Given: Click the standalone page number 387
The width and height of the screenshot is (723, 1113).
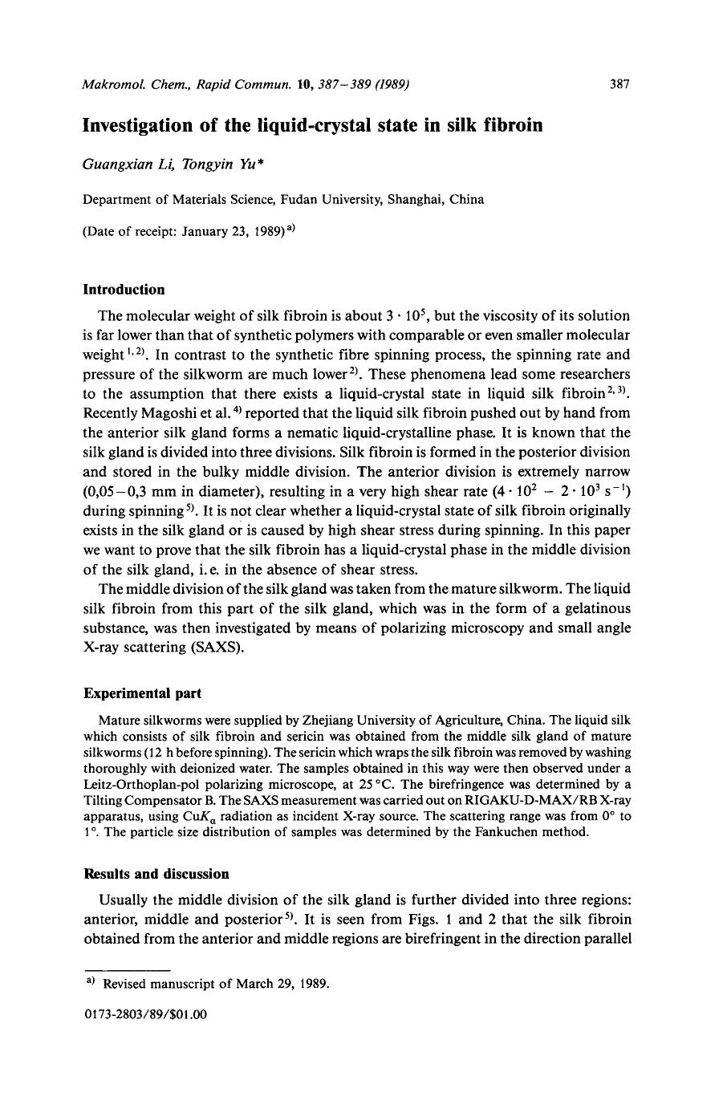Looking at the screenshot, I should coord(619,83).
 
